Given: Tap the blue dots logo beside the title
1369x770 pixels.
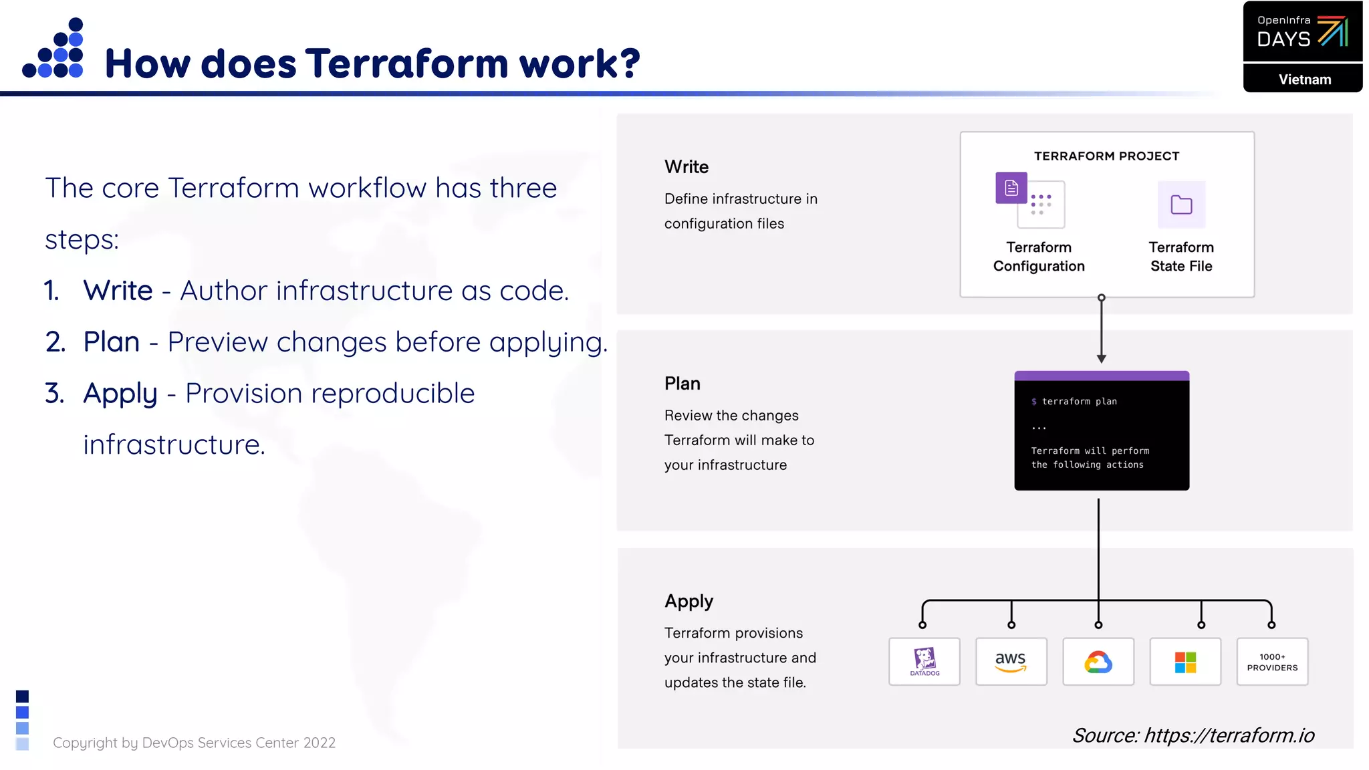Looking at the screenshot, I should coord(53,48).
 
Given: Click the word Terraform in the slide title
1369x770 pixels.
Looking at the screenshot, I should coord(407,63).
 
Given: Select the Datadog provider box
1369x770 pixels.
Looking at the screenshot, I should coord(924,661).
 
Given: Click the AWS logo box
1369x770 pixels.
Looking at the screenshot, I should coord(1011,661).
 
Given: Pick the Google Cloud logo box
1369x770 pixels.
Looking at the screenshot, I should coord(1098,661).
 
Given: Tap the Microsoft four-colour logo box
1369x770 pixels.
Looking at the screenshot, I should coord(1185,661).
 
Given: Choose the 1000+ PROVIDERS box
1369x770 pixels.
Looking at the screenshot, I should coord(1271,661).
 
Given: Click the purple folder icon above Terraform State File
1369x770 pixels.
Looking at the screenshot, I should coord(1181,205).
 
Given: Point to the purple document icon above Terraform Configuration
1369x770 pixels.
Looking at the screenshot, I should coord(1011,188).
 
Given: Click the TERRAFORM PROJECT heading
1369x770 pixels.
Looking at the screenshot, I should coord(1106,156).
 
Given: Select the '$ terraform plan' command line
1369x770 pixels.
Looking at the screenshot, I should coord(1074,401).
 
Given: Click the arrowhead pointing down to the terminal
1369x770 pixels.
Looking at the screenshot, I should coord(1101,359).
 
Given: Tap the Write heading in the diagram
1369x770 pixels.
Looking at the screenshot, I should coord(687,167).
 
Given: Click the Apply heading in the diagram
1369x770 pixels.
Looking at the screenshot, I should coord(689,601).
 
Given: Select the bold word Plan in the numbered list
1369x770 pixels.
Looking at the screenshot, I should coord(111,342).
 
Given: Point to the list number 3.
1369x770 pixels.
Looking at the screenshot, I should coord(54,393).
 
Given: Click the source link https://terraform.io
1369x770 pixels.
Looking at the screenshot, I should coord(1229,735).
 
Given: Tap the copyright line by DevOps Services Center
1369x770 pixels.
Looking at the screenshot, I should coord(194,743).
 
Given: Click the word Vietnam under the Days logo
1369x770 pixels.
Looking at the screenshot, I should coord(1304,80).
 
